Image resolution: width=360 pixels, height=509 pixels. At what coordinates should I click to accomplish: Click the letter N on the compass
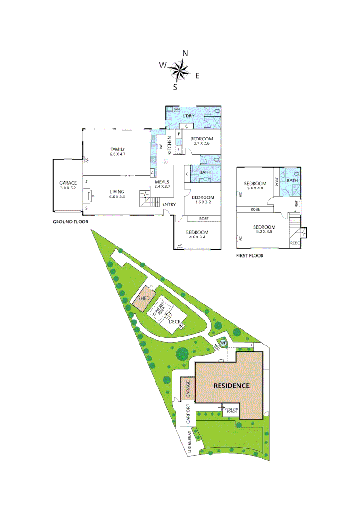pos(185,53)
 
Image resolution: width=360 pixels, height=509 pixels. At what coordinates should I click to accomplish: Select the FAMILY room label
pos(118,149)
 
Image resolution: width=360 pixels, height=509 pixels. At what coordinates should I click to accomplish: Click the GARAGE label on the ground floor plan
pos(68,183)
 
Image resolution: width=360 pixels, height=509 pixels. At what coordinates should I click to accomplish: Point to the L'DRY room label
pos(188,115)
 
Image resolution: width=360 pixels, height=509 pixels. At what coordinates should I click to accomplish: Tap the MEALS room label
pos(162,181)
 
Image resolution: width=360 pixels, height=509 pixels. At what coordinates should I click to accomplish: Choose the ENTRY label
pos(169,204)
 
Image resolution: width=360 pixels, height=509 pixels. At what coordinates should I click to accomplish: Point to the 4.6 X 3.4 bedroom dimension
pos(197,238)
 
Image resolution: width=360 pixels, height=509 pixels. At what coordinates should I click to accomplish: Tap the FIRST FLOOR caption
pos(249,256)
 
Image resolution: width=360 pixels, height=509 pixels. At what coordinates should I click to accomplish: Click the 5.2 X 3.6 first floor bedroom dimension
pos(263,232)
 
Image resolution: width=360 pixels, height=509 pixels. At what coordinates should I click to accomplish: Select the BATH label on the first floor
pos(293,181)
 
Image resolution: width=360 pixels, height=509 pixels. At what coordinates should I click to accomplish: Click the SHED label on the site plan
pos(144,299)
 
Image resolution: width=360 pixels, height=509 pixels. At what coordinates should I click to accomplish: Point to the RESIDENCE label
pos(231,386)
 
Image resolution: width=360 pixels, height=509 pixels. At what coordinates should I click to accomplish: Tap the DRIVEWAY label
pos(190,442)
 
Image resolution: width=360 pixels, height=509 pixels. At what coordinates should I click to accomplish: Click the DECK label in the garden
pos(175,322)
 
